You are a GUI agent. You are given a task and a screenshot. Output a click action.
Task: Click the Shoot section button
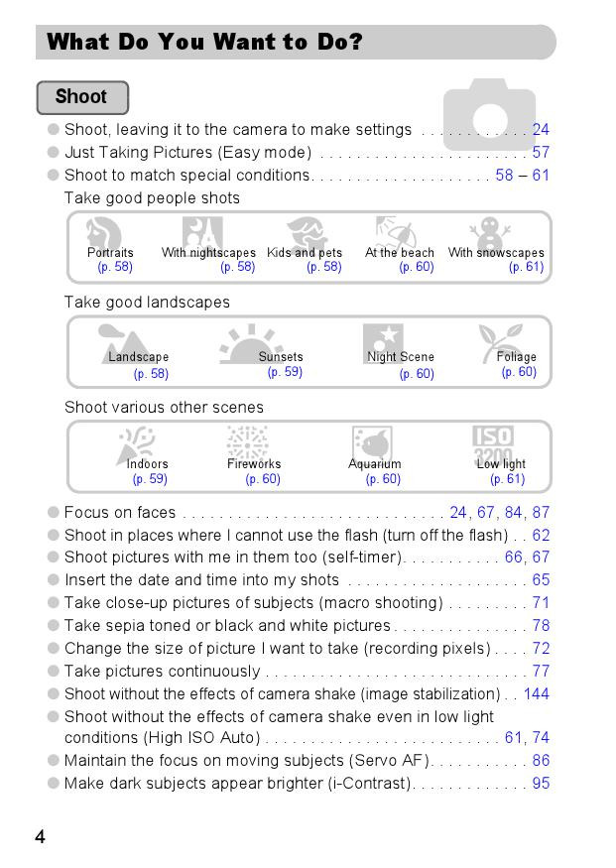[82, 97]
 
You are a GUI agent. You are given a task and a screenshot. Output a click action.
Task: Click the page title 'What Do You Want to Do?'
[204, 42]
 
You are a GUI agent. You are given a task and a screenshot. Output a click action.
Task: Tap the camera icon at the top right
[489, 114]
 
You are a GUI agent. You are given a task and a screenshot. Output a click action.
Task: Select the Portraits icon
[103, 234]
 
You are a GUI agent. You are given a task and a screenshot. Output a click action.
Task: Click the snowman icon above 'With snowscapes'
[490, 234]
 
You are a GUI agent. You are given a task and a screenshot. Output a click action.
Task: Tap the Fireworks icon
[247, 442]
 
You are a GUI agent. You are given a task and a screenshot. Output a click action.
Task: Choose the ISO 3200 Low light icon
[493, 443]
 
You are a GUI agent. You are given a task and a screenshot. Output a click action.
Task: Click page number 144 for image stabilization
[536, 694]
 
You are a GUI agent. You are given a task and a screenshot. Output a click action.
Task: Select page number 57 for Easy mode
[541, 153]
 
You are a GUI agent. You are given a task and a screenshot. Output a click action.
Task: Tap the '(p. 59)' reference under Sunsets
[285, 373]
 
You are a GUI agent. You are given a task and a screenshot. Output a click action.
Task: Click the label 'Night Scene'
[401, 357]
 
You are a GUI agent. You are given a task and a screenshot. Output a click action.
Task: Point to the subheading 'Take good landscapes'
[147, 303]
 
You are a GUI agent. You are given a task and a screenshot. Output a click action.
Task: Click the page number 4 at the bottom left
[40, 837]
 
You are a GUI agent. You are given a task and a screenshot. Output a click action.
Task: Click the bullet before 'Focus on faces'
[54, 513]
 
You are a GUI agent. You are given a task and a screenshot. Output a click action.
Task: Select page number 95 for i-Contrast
[541, 784]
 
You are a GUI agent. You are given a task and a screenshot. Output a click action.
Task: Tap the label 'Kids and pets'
[305, 253]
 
